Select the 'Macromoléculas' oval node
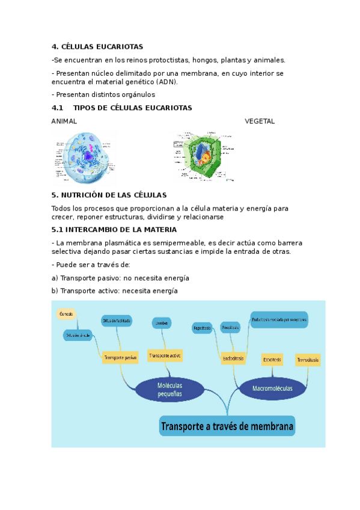(x=272, y=389)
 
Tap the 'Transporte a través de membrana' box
(x=227, y=428)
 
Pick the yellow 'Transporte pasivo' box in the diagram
(x=120, y=357)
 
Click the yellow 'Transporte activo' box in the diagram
(x=165, y=355)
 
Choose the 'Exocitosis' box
(x=272, y=360)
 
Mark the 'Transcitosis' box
(x=307, y=360)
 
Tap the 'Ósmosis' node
(x=66, y=314)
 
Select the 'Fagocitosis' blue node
(x=202, y=328)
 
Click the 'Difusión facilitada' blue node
(x=117, y=321)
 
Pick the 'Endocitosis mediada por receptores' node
(x=279, y=320)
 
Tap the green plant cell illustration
(x=204, y=156)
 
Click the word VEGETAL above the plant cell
(x=260, y=121)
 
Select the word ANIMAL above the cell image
(x=64, y=121)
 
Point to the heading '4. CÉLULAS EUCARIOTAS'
(x=97, y=47)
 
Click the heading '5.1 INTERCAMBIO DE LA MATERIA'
(x=114, y=230)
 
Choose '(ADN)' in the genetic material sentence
(x=166, y=82)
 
